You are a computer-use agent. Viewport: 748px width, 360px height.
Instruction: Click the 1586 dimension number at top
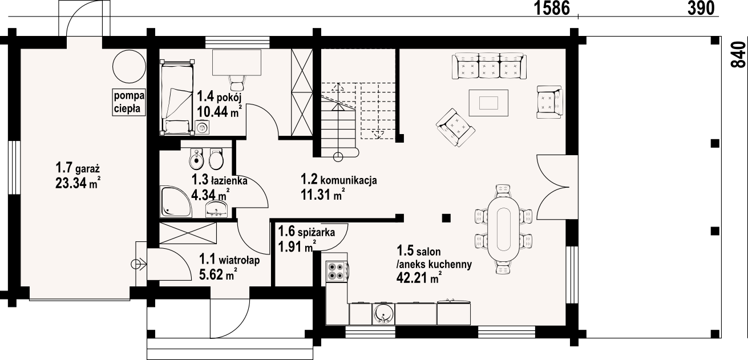[x=552, y=8]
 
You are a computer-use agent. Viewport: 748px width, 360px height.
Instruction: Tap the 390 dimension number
[x=701, y=8]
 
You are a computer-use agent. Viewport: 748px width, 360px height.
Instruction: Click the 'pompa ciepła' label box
[x=129, y=102]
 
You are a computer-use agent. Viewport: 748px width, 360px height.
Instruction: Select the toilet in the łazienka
[x=216, y=159]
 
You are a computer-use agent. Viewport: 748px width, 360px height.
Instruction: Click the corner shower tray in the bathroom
[x=176, y=202]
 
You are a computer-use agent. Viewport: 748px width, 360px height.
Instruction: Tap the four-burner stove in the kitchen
[x=337, y=271]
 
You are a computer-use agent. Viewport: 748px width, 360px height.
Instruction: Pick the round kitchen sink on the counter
[x=383, y=314]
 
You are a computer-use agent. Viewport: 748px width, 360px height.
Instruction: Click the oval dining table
[x=504, y=229]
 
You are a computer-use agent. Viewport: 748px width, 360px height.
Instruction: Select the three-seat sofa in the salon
[x=489, y=66]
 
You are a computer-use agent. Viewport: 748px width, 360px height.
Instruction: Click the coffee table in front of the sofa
[x=488, y=103]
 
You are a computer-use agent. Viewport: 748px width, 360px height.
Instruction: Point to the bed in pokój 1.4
[x=177, y=98]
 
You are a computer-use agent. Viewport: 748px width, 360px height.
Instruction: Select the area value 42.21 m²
[x=419, y=277]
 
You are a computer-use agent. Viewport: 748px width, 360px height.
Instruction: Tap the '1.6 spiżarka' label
[x=306, y=231]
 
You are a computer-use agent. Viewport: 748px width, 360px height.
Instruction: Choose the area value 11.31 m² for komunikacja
[x=322, y=195]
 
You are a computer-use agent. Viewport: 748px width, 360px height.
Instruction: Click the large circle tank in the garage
[x=129, y=66]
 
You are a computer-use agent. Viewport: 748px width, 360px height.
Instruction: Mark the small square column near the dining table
[x=446, y=219]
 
